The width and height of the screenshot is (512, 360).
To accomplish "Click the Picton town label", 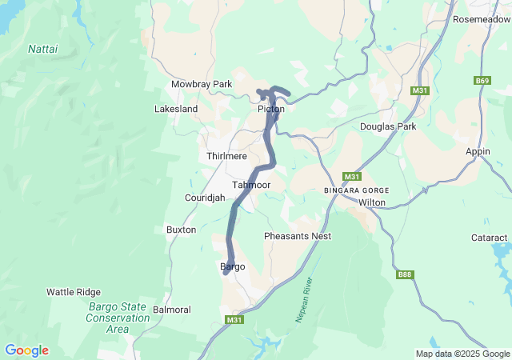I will point(271,109).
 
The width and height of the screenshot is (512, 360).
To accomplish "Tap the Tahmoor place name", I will point(251,185).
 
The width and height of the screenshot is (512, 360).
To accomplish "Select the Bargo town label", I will point(231,266).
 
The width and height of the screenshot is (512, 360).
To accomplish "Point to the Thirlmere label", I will point(226,155).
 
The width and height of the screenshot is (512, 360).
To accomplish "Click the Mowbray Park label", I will point(201,84).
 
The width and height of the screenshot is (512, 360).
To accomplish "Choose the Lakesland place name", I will point(176,109).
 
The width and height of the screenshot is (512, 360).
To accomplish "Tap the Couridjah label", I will point(205,198).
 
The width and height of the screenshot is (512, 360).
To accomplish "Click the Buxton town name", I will point(181,230).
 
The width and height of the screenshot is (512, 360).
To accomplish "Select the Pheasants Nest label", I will point(298,236).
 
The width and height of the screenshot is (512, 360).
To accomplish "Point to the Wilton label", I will point(372,202).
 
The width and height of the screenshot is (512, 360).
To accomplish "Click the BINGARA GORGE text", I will point(356,190).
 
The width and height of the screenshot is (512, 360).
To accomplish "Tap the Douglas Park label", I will point(388,126).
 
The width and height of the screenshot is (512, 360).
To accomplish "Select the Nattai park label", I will point(43,49).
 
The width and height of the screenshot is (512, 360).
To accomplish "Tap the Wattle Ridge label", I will point(74,292).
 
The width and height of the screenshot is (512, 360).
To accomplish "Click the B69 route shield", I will point(482,81).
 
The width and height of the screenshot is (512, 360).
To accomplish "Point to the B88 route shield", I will point(405,274).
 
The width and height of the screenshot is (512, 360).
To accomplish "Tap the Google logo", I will point(26,350).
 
